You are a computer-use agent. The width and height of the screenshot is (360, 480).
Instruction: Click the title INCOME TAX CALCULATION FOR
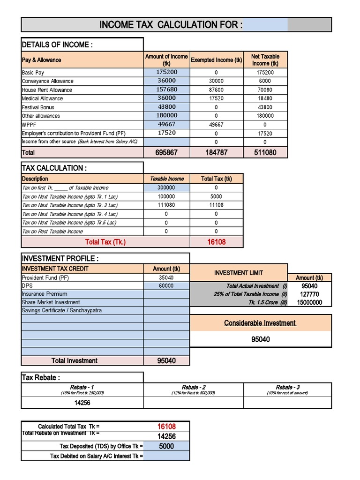pos(171,25)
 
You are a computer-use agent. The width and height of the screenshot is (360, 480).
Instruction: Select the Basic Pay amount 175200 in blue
pos(166,73)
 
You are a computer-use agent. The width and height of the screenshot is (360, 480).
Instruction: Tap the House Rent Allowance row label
pos(47,90)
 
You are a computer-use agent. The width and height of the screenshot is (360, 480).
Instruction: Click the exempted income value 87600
pos(216,90)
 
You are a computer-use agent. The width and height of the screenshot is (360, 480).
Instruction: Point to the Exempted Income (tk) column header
pos(216,60)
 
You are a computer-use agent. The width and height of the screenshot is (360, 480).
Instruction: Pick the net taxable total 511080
pos(265,153)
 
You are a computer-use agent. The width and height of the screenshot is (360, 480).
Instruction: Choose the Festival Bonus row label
pos(38,107)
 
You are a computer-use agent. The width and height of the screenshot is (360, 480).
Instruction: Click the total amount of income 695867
pos(166,153)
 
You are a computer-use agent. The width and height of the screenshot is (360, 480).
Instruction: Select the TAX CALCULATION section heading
pos(54,168)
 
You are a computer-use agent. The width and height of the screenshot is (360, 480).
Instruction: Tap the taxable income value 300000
pos(166,187)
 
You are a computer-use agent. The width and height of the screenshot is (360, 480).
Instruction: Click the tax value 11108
pos(216,205)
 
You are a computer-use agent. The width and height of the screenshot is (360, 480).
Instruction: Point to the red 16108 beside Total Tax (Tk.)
pos(216,242)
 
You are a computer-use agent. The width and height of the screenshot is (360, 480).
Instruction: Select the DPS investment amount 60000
pos(166,286)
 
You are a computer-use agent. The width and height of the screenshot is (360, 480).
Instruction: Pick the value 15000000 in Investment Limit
pos(309,303)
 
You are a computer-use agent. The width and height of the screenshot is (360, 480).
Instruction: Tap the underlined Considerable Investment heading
pos(260,323)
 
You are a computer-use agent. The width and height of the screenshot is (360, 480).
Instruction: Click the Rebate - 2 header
pos(193,388)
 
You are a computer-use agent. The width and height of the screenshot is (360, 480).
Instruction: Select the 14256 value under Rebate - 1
pos(82,403)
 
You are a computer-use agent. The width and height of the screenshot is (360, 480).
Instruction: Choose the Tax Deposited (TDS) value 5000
pos(166,446)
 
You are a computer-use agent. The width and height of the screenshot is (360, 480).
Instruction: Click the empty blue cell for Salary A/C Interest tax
pos(166,456)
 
